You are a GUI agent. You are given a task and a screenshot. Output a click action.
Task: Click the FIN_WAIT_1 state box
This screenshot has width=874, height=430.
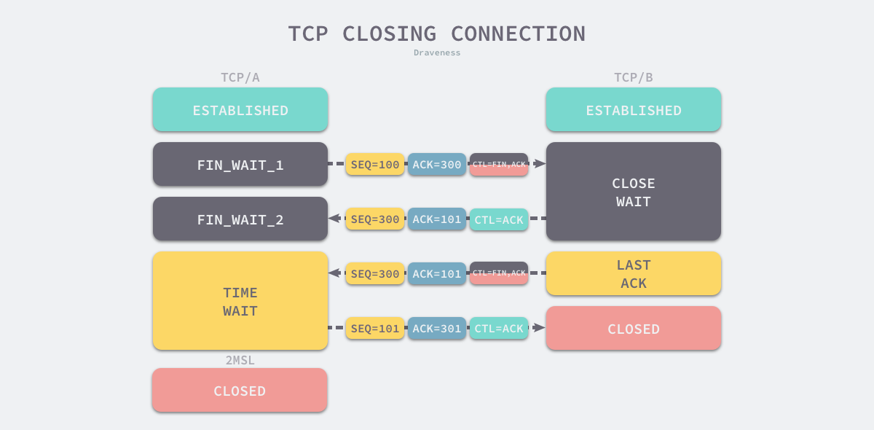point(240,164)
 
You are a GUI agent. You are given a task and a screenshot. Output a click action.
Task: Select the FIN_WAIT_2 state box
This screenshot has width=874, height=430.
point(240,219)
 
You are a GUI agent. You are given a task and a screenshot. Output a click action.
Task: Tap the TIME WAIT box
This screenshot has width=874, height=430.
point(240,301)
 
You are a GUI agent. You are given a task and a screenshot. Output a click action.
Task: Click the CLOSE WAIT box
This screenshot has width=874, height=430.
point(634,192)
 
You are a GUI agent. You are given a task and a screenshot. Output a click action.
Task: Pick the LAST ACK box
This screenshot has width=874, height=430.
point(634,273)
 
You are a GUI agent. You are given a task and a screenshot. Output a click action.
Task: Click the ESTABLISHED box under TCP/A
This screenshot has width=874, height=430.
point(240,109)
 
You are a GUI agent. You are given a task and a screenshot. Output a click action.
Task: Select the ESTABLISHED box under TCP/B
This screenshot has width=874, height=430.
point(634,109)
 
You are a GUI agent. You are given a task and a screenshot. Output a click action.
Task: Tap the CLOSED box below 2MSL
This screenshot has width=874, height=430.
point(240,390)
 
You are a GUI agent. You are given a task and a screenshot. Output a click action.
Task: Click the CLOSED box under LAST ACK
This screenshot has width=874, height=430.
point(634,328)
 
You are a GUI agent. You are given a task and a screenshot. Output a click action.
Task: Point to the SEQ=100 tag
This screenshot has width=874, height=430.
point(375,164)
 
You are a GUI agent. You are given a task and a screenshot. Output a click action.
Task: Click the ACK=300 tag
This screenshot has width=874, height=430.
point(437,164)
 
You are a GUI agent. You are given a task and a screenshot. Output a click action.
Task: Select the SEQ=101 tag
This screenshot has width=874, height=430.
point(375,328)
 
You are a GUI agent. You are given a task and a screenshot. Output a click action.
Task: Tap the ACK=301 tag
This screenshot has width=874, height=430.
point(437,328)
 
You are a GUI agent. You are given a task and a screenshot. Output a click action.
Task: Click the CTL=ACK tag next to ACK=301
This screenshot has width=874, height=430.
point(499,328)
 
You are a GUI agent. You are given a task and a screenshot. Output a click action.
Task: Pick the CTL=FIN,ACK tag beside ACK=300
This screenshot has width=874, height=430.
point(499,164)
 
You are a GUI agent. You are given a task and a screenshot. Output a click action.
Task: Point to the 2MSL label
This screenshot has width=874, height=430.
point(240,360)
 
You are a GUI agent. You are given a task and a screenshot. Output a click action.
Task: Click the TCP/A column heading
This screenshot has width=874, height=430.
point(240,77)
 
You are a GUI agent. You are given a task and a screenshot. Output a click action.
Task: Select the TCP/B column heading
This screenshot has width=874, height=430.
point(634,77)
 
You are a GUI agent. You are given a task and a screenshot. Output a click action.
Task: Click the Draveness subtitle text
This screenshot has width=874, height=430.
point(437,52)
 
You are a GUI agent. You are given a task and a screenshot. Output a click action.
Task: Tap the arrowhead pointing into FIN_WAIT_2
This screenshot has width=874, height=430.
point(334,218)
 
